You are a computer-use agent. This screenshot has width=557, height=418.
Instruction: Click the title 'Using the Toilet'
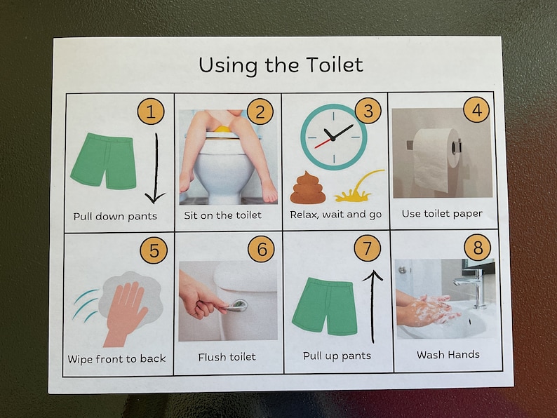[x=281, y=65]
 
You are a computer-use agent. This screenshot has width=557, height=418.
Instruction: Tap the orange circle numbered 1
[x=151, y=111]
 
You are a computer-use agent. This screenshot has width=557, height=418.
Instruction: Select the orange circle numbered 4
[x=476, y=109]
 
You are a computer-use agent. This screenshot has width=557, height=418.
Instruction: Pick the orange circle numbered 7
[x=367, y=248]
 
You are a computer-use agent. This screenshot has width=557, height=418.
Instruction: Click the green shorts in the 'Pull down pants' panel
[x=104, y=160]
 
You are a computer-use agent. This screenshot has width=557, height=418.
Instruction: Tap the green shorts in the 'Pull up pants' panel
[x=325, y=304]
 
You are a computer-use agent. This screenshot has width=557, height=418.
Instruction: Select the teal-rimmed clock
[x=333, y=136]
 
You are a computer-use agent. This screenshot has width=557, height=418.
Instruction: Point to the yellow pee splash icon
[x=358, y=187]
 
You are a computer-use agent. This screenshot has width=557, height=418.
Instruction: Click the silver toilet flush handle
[x=236, y=305]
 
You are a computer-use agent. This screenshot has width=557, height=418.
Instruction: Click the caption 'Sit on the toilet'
[x=222, y=215]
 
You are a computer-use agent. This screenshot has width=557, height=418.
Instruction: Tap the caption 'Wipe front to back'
[x=116, y=359]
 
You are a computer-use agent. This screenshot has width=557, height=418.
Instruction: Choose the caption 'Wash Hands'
[x=448, y=355]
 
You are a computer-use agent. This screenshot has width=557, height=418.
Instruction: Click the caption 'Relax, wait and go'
[x=335, y=215]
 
